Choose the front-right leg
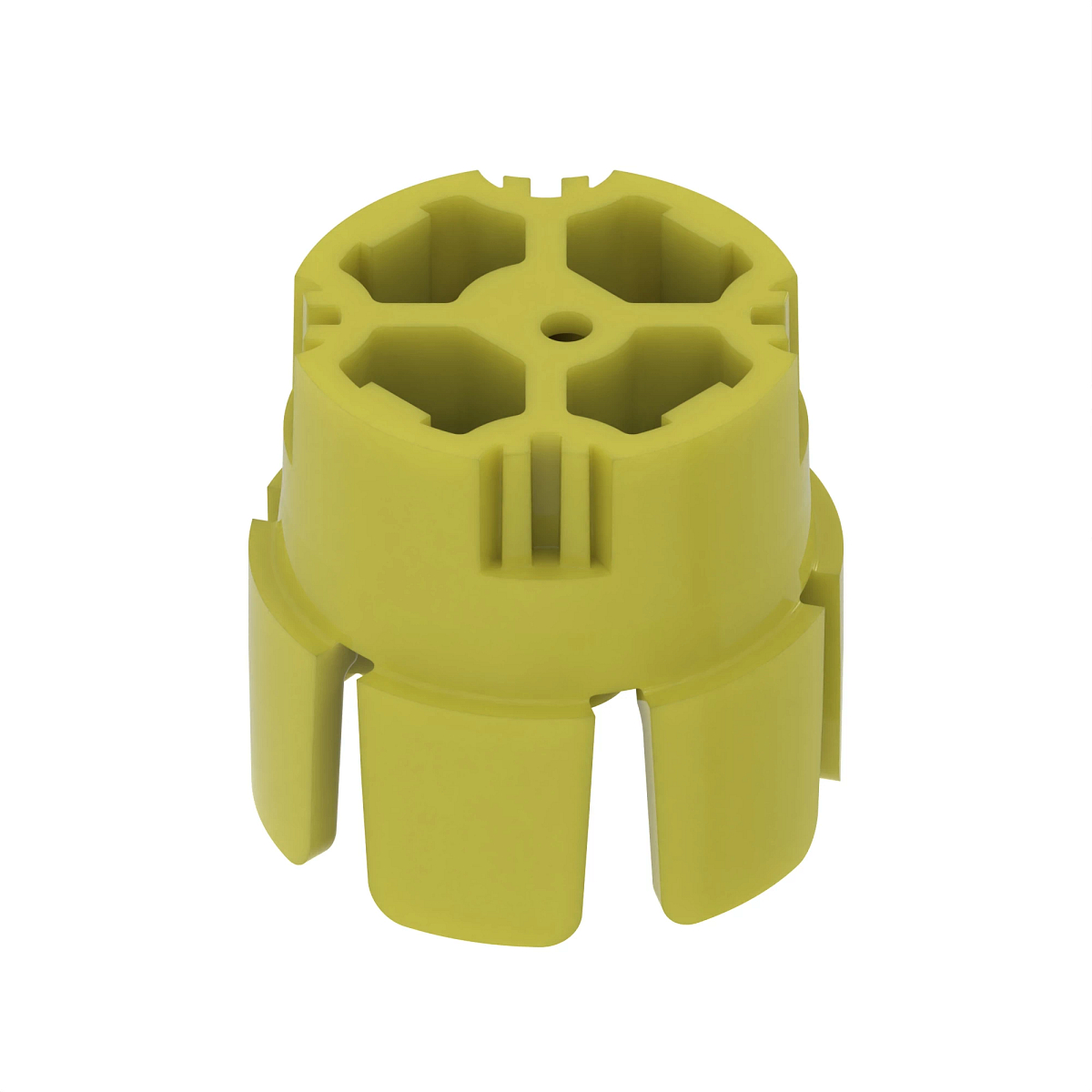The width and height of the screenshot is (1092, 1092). (728, 792)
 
